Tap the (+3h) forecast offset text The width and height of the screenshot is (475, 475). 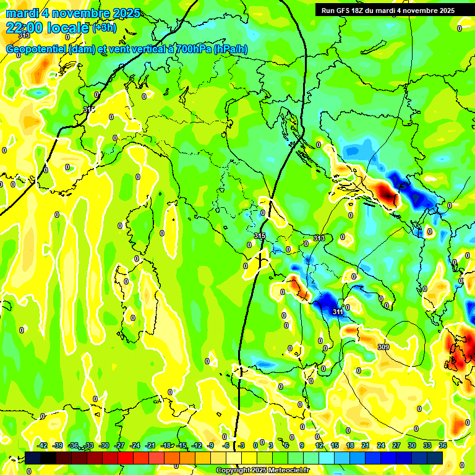coord(104,28)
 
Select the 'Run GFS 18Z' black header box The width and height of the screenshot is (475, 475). coord(388,11)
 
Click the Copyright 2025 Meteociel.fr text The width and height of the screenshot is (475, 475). coord(263,471)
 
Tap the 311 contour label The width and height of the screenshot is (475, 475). coord(337,312)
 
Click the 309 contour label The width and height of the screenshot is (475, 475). coord(383,347)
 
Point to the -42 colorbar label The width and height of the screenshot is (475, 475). coord(43,445)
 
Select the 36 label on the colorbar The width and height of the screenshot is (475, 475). coord(443,445)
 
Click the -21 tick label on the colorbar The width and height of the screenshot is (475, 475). coord(150,445)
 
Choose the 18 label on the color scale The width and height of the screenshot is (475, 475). coord(350,445)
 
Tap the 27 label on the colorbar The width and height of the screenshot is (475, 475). coord(396,445)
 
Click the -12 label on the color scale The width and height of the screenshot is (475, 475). coord(196,445)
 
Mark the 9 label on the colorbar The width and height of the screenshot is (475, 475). coord(302,445)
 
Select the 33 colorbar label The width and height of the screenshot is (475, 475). coord(427,445)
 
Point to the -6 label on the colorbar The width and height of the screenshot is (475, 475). coord(226,445)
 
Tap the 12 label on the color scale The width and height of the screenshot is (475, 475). coord(319,445)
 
